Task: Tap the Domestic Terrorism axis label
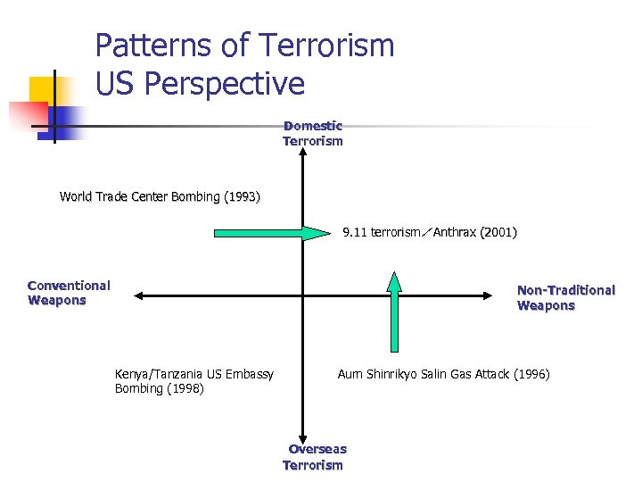(313, 134)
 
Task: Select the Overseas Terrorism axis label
(313, 457)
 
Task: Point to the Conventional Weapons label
(69, 293)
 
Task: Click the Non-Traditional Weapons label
(565, 297)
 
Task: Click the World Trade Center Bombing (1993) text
(160, 196)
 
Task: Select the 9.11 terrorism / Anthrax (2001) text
(430, 232)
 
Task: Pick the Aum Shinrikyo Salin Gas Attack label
(443, 374)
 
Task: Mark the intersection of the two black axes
(304, 295)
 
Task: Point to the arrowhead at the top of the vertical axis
(304, 154)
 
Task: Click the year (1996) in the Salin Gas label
(531, 374)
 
